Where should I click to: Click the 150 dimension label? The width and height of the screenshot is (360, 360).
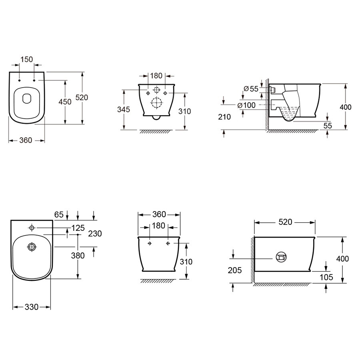click(x=27, y=60)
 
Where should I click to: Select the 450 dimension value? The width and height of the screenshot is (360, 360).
click(x=65, y=102)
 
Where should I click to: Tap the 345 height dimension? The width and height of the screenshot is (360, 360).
click(x=124, y=109)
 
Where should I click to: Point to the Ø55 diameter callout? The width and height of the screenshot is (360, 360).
click(x=251, y=89)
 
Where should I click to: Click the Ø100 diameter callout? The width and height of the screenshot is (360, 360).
click(x=246, y=105)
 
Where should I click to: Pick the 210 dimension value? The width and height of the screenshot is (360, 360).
click(x=224, y=117)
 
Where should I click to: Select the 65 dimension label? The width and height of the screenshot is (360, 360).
click(x=59, y=214)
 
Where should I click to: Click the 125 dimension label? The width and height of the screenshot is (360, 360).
click(x=78, y=228)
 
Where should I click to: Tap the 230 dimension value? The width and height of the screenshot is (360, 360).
click(x=95, y=234)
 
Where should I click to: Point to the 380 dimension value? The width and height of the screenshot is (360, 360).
click(x=78, y=255)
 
